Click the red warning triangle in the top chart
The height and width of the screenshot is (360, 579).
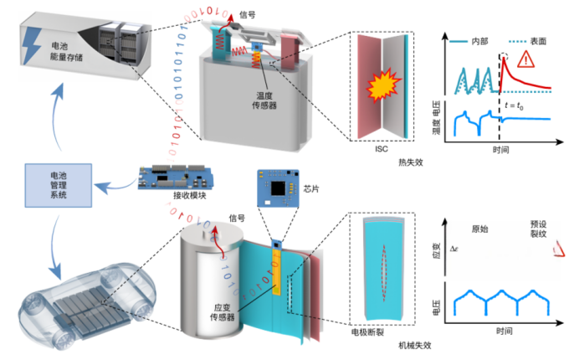[x=526, y=59]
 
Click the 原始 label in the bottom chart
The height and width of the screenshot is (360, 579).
[x=480, y=229]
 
